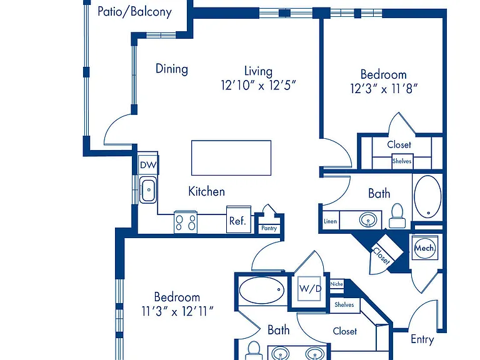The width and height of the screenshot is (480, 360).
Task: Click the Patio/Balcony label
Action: click(x=134, y=12)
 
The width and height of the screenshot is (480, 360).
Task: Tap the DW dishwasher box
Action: click(x=148, y=165)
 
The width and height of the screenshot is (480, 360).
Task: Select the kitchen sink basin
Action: click(x=148, y=190)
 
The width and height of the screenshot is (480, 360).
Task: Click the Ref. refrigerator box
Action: click(x=239, y=219)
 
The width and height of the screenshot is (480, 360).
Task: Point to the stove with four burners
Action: click(x=186, y=222)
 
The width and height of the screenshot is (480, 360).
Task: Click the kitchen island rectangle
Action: click(x=231, y=158)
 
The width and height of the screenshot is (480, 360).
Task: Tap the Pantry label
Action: click(x=269, y=228)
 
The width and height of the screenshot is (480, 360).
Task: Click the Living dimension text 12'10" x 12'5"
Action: click(x=258, y=86)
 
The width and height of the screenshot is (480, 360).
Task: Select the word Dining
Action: click(x=172, y=69)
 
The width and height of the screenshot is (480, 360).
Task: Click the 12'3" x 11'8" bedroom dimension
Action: click(x=384, y=89)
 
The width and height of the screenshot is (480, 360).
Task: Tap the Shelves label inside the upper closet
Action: click(x=402, y=161)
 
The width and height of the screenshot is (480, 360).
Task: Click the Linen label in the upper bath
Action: click(x=330, y=221)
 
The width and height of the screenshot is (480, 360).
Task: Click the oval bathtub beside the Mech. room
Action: click(x=427, y=196)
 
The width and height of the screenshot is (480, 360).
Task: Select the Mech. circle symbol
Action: click(x=425, y=247)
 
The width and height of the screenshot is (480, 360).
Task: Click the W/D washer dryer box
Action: click(x=310, y=288)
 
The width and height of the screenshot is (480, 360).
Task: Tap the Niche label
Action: click(x=336, y=284)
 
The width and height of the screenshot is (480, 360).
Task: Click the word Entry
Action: click(x=422, y=339)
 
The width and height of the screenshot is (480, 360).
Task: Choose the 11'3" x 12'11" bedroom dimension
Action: click(x=177, y=312)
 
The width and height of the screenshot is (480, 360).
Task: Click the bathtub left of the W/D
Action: click(x=262, y=290)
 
